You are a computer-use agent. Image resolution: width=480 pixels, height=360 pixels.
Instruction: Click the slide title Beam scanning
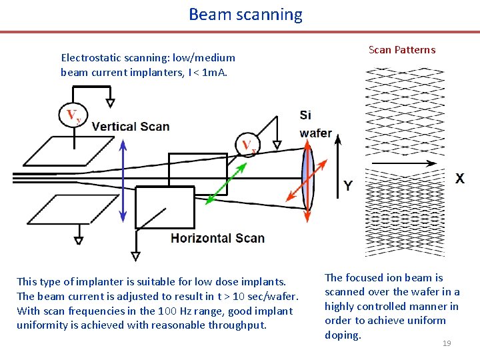pos(245,14)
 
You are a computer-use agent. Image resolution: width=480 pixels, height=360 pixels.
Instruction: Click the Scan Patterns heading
pos(402,49)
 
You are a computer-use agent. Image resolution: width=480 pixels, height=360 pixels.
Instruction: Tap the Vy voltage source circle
pos(73,115)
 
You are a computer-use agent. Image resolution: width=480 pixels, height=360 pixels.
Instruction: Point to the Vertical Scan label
pos(131,126)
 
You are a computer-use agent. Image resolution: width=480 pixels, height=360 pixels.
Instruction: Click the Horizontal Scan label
pos(217,238)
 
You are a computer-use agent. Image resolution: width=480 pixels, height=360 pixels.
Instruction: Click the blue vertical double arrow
pos(122,180)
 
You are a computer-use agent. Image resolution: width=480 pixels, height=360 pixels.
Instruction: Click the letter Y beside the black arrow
pos(347,185)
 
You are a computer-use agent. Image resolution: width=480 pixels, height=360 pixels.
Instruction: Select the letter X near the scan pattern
pos(460,179)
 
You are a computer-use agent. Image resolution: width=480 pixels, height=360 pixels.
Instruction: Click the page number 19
pos(447,343)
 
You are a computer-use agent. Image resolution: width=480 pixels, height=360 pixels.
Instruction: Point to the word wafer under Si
pos(315,133)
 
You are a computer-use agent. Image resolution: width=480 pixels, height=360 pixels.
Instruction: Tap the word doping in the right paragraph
pos(343,335)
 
